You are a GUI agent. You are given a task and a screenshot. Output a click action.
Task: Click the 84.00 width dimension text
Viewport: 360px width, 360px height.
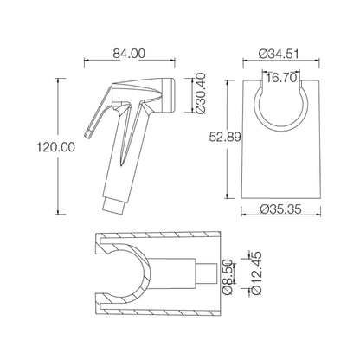(x=128, y=54)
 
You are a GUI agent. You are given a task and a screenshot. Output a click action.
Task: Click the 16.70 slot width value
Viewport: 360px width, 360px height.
(x=280, y=79)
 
